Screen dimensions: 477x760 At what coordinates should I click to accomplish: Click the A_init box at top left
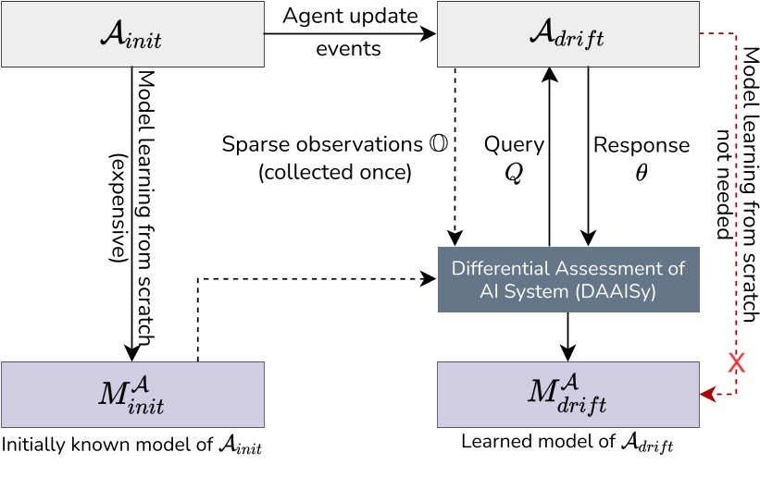[132, 35]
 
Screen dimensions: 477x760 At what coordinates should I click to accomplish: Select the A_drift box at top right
[567, 35]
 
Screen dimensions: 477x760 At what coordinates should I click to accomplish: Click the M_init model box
[132, 394]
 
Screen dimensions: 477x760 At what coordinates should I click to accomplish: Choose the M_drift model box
[567, 394]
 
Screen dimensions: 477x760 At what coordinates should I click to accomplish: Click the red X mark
[737, 362]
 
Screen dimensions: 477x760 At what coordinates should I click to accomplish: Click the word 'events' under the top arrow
[348, 49]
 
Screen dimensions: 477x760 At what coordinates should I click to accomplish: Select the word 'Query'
[513, 145]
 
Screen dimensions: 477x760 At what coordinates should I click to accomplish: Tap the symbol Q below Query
[514, 173]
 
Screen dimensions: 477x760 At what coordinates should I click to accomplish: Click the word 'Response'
[642, 145]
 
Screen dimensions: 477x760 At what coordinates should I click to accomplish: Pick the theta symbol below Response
[642, 173]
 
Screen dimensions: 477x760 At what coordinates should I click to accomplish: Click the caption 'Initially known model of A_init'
[131, 446]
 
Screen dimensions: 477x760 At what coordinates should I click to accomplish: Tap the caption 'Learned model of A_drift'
[567, 443]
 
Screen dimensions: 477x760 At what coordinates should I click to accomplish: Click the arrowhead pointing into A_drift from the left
[430, 34]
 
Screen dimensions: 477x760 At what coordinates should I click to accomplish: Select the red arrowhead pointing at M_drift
[706, 394]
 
